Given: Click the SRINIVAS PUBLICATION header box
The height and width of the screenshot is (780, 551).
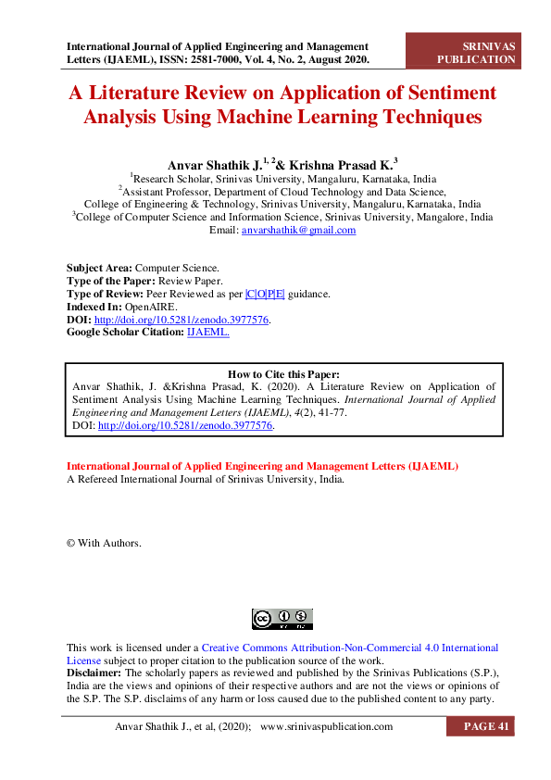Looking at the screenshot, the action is [x=476, y=52].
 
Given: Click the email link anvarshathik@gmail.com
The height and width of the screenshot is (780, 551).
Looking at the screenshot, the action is [x=298, y=231].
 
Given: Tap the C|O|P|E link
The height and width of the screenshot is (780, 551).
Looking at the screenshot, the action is [x=265, y=293].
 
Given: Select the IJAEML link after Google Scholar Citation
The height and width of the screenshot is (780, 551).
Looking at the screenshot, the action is [x=208, y=331].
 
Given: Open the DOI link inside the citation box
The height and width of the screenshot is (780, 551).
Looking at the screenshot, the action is [x=185, y=427].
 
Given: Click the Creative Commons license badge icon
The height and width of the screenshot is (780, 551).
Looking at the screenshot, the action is [x=282, y=619].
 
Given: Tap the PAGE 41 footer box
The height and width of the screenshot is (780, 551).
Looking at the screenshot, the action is [x=480, y=727].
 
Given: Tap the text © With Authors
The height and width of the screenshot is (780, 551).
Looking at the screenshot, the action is [x=104, y=543].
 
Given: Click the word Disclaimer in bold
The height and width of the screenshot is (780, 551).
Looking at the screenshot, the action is [x=94, y=673].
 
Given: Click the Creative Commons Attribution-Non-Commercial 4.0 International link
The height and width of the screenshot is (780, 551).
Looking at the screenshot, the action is [x=350, y=648].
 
